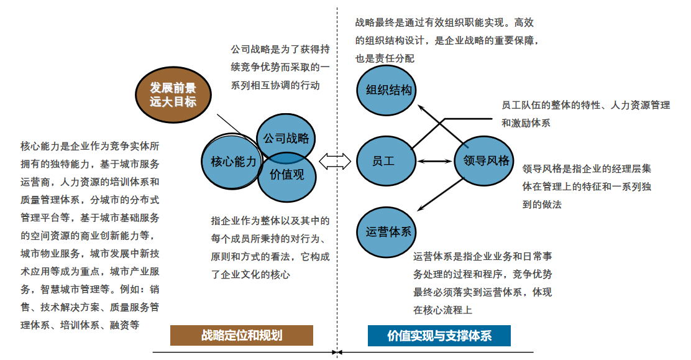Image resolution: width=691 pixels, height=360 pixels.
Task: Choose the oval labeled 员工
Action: [x=383, y=162]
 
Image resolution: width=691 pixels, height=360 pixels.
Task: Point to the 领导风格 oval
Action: [x=486, y=161]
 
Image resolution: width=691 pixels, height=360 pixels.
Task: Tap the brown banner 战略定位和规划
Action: [x=242, y=336]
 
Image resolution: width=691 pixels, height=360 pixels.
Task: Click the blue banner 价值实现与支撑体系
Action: [x=439, y=336]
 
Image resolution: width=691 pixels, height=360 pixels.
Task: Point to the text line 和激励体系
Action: [x=526, y=123]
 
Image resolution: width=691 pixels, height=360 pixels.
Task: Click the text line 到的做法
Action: [x=542, y=204]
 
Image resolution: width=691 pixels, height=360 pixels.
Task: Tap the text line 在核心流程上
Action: [x=443, y=310]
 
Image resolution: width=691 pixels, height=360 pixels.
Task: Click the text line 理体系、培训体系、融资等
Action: [x=80, y=325]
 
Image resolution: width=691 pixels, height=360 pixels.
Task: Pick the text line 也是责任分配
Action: [x=385, y=58]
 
